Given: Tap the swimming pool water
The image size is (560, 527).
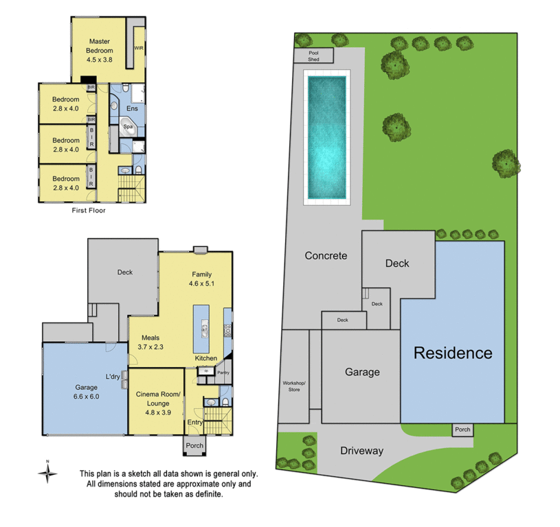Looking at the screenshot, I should [326, 137].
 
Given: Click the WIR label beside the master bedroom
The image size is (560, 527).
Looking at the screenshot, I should [139, 48].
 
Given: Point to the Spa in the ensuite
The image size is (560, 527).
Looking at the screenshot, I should [128, 127].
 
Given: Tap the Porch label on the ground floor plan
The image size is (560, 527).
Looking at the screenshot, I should [194, 445].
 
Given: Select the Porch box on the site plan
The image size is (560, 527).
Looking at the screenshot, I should [462, 430].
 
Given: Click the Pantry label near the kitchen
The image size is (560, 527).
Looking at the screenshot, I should [222, 373].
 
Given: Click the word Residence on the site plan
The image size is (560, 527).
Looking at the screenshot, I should [452, 353].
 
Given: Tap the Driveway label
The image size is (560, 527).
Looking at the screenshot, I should [361, 451].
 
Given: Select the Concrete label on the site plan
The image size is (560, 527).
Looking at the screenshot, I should [326, 256].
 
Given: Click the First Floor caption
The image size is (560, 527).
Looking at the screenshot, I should [89, 211].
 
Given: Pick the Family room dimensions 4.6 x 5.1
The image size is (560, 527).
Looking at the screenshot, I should [202, 283].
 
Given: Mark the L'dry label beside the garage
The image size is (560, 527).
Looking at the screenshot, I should [113, 376].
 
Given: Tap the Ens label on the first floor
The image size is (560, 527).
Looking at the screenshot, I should [132, 108].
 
